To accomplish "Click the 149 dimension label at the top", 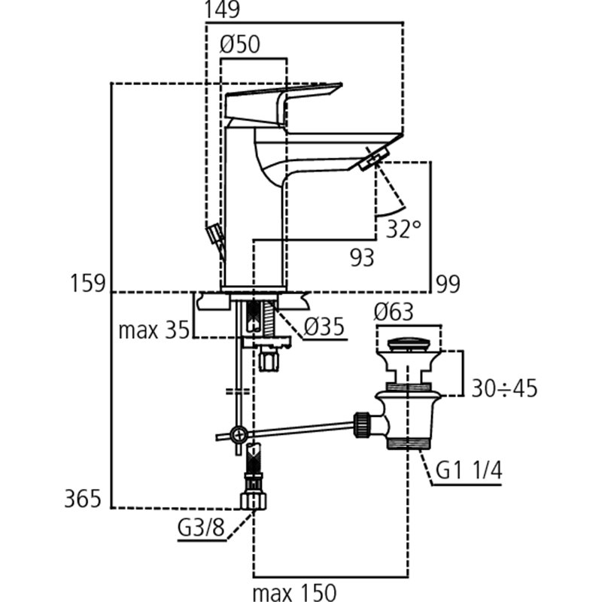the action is [222, 10].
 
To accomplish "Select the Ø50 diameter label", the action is [239, 44].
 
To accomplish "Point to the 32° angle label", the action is [403, 229].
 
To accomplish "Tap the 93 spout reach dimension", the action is [362, 257].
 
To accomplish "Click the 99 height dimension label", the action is [448, 284].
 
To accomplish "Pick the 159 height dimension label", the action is [87, 284].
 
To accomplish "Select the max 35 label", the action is [154, 330].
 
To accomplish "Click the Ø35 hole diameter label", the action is [324, 327].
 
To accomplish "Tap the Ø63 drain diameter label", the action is [394, 312].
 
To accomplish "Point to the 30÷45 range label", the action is [504, 388].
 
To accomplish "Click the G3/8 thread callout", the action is [201, 528].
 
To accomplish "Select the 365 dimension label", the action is [83, 499].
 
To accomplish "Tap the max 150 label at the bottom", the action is [294, 592].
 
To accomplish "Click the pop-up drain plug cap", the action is [408, 344].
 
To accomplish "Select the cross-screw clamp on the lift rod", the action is [239, 435].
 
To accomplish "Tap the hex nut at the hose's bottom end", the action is [254, 501].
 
